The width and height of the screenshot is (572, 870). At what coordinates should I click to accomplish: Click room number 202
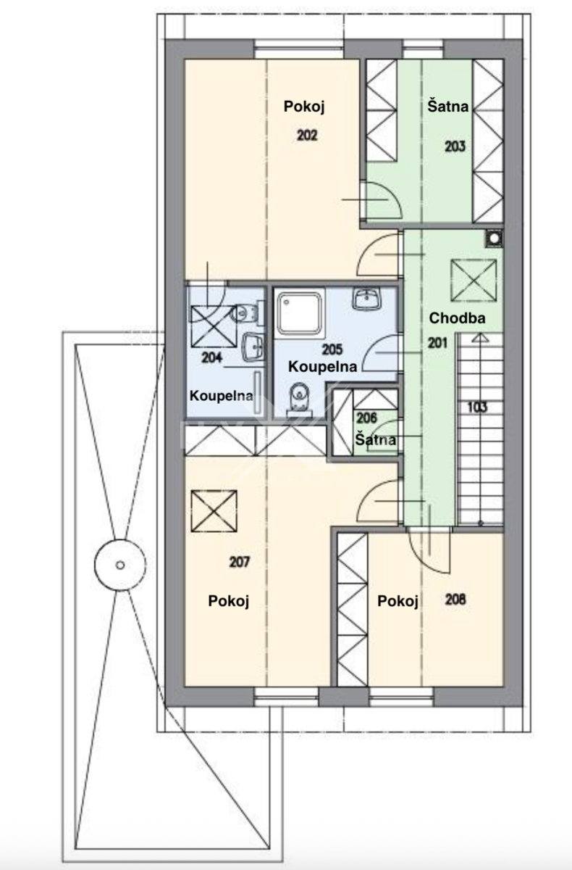(307, 136)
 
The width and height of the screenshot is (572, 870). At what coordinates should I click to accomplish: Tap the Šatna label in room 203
(448, 106)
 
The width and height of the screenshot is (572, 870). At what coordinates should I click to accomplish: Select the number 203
(455, 146)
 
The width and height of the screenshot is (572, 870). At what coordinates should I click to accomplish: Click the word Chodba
(457, 318)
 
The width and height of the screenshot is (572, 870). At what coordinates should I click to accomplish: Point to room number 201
(437, 343)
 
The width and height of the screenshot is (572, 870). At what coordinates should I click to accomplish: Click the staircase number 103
(477, 407)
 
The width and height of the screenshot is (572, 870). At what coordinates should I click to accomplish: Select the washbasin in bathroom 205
(367, 299)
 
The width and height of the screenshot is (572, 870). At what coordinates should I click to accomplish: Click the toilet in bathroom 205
(299, 399)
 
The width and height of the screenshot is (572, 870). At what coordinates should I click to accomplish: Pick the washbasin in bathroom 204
(253, 347)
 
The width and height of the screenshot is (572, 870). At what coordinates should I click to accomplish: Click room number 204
(211, 357)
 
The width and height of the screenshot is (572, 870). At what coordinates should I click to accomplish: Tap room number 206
(366, 418)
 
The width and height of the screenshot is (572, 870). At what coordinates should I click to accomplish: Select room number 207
(239, 562)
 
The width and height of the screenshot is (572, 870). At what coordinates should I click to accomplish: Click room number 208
(455, 600)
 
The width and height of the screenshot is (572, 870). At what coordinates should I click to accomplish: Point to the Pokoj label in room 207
(228, 601)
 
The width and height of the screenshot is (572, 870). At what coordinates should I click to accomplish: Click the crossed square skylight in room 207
(214, 510)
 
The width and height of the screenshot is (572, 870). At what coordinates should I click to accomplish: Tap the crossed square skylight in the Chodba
(474, 281)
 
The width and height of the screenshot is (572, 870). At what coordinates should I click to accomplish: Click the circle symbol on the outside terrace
(120, 565)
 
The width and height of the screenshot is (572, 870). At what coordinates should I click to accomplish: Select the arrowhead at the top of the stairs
(481, 338)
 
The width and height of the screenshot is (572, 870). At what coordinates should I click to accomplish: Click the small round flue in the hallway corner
(494, 238)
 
